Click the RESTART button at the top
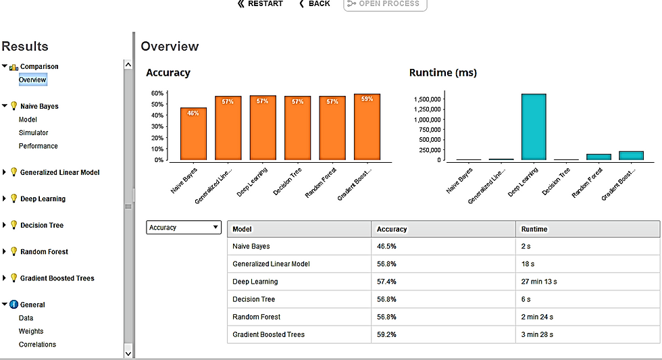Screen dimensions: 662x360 (260, 4)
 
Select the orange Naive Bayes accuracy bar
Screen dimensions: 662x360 (193, 134)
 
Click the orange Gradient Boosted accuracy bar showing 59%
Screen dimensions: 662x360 (367, 127)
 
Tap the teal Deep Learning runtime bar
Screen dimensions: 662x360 (534, 127)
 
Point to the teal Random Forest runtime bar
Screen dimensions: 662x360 (599, 157)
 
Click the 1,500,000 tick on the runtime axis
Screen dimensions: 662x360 (427, 99)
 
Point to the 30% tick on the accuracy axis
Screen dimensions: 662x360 (157, 126)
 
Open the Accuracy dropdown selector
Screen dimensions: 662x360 (184, 228)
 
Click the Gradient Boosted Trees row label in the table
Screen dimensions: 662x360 (269, 334)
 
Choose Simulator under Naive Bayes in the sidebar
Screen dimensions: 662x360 (33, 132)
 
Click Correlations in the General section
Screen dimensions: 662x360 (37, 344)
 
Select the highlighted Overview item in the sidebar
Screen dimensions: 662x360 (32, 80)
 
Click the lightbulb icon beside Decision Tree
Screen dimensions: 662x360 (14, 225)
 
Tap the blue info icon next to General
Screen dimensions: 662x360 (14, 305)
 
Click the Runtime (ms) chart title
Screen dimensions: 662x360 (443, 72)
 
